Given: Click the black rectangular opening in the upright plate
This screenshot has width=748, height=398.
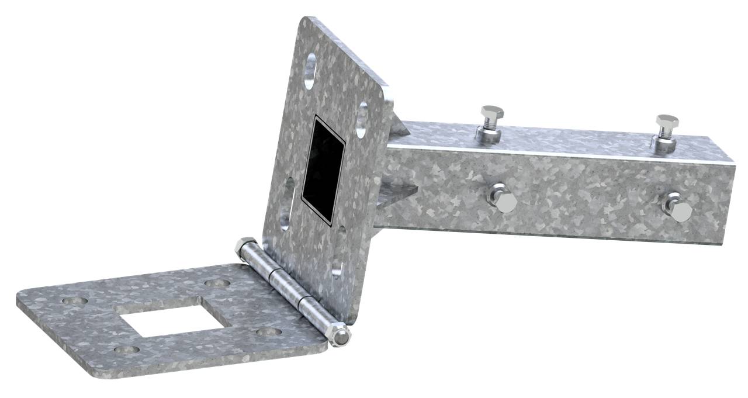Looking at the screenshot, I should point(322,169).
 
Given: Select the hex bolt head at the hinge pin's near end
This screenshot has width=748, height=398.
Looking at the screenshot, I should point(339,335).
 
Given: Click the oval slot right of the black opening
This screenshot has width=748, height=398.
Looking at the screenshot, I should point(362,119).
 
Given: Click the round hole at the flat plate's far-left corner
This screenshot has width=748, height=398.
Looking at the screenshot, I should point(74,302).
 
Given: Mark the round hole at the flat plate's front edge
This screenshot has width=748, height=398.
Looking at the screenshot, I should point(126,350).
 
